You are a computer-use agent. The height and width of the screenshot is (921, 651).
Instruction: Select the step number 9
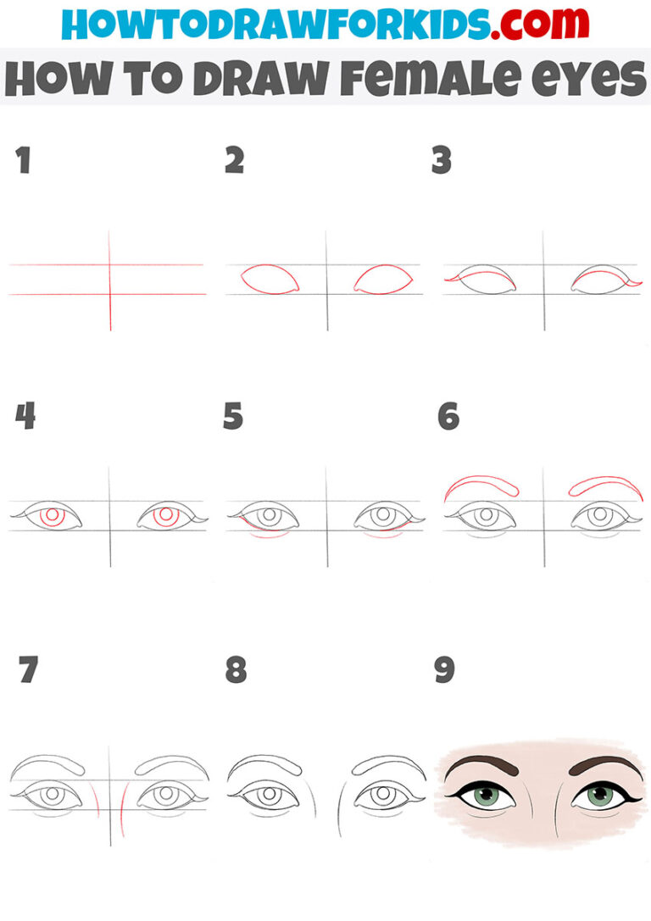point(444,670)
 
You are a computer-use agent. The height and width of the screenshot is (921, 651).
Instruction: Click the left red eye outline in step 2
point(270,278)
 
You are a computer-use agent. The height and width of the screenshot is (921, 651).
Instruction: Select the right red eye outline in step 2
point(383,278)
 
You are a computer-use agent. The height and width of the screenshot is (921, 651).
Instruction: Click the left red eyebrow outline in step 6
point(481,484)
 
